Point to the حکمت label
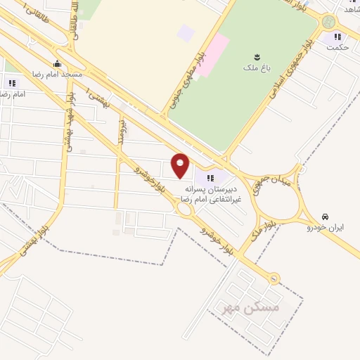click(x=337, y=47)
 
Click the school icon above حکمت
click(x=337, y=37)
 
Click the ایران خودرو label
click(x=325, y=228)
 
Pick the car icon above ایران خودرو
click(x=325, y=217)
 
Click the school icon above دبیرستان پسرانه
click(x=211, y=177)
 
